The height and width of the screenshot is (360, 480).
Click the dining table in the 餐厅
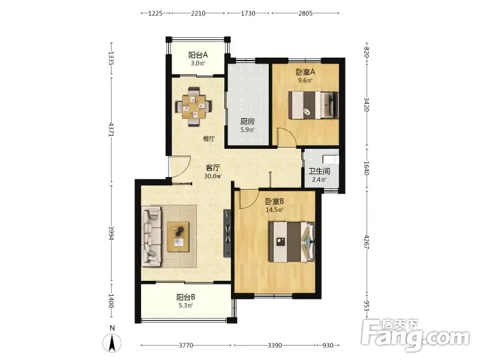[193, 107]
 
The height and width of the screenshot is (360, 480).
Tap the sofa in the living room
[151, 236]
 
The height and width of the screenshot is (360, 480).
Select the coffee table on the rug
[178, 236]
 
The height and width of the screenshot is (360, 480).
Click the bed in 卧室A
[313, 105]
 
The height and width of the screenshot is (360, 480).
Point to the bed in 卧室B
[292, 242]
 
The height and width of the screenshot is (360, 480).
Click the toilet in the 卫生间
[331, 160]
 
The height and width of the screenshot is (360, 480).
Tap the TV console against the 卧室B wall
[227, 233]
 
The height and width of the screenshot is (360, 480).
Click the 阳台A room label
[198, 55]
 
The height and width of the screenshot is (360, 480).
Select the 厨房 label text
[247, 121]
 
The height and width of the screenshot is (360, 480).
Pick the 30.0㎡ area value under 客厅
[213, 176]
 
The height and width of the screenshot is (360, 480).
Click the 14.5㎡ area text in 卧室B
[274, 209]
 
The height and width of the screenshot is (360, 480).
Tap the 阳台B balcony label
[185, 297]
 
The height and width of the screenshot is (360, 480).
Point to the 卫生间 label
[319, 172]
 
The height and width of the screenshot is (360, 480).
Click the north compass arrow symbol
[112, 343]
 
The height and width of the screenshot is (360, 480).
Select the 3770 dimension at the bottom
[186, 346]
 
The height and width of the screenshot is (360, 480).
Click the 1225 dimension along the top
[155, 13]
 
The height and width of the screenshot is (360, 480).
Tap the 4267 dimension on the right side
[367, 242]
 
